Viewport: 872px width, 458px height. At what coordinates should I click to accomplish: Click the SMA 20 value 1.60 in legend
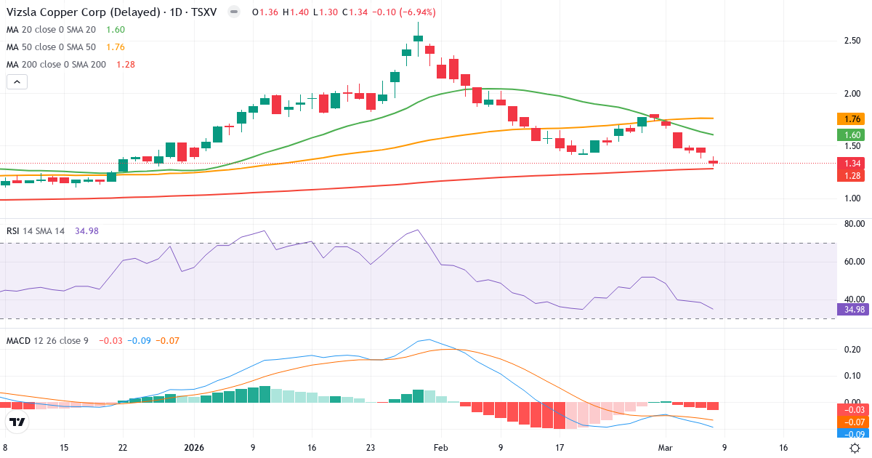click(x=116, y=30)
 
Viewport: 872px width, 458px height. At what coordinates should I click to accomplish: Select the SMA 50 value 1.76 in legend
click(x=116, y=47)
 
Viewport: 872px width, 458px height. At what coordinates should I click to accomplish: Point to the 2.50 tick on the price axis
click(x=852, y=41)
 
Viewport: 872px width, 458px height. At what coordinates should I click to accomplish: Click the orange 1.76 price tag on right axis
click(x=852, y=118)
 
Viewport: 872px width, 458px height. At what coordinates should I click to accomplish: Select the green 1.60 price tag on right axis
click(x=852, y=134)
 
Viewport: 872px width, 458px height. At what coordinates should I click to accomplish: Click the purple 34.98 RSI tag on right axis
click(x=852, y=309)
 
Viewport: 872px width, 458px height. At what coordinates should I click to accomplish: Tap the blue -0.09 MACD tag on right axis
click(x=852, y=433)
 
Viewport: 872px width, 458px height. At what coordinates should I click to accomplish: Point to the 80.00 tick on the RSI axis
click(x=852, y=224)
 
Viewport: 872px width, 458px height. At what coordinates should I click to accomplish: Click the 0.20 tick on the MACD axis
click(x=852, y=350)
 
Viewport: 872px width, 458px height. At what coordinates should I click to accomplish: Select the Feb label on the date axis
click(x=441, y=449)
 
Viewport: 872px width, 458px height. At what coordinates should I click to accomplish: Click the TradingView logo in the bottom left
click(x=17, y=422)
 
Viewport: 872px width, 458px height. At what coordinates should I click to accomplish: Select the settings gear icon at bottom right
click(x=855, y=448)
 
